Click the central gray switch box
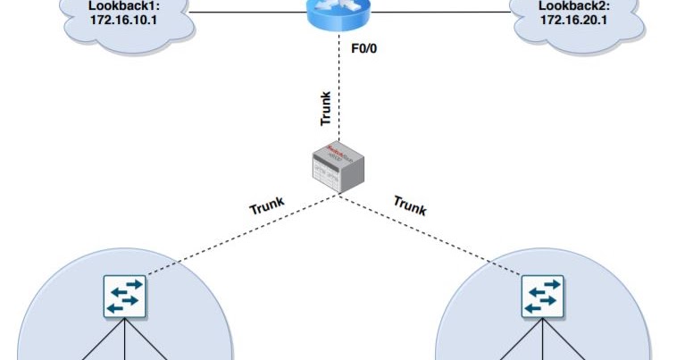click(x=337, y=169)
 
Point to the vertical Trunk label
click(x=326, y=108)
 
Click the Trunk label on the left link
click(x=267, y=206)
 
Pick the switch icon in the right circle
click(x=543, y=296)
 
